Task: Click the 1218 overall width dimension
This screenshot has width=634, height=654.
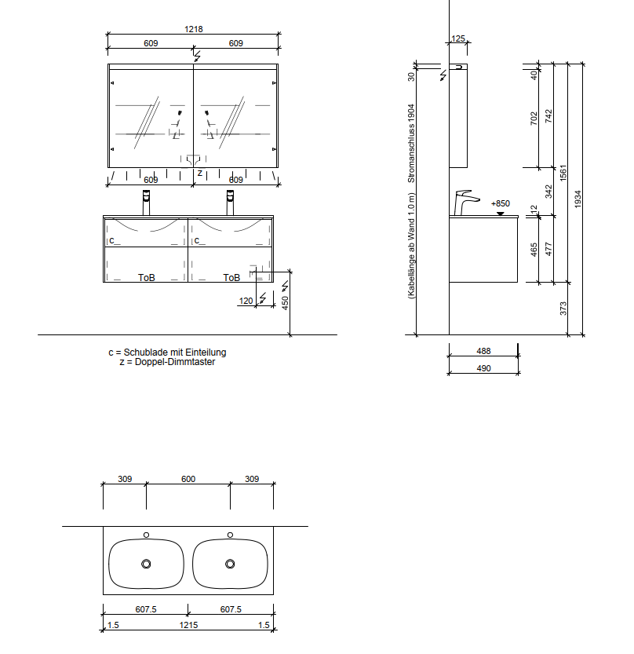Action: (193, 29)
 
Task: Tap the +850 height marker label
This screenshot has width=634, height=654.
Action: (500, 203)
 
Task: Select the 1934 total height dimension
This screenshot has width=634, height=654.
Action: (578, 199)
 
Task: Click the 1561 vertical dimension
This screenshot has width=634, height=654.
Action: (563, 173)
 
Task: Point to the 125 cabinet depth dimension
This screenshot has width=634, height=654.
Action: (457, 38)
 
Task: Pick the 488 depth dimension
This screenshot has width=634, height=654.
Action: (483, 351)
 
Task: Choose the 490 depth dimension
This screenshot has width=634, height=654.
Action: (483, 368)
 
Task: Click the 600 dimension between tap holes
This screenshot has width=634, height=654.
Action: (188, 479)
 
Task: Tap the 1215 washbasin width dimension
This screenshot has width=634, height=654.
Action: (188, 625)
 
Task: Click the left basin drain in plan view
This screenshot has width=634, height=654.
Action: (146, 564)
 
